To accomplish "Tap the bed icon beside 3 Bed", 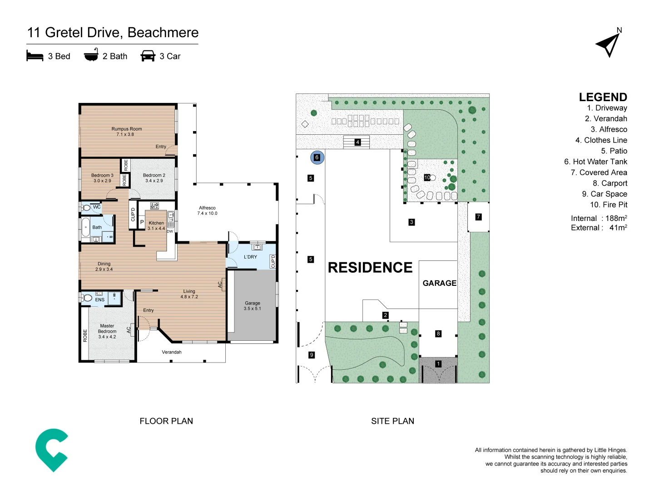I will (x=35, y=56).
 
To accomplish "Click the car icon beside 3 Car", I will (x=148, y=56).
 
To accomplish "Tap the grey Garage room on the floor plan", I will (x=253, y=306).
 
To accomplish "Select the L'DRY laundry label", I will (x=250, y=257).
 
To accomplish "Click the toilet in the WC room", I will (x=86, y=208).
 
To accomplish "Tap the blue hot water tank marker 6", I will (x=317, y=157).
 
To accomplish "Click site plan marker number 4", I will (x=357, y=142).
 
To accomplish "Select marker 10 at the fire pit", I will (x=427, y=177).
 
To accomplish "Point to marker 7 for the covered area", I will (x=478, y=217).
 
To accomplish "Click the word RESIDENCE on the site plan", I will (x=370, y=268).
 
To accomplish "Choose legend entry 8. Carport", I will (x=609, y=183).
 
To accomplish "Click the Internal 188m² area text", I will (x=599, y=218).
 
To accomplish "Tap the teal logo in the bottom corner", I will (x=52, y=450).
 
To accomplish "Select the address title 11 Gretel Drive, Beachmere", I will (x=113, y=33).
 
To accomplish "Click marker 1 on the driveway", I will (x=438, y=364).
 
